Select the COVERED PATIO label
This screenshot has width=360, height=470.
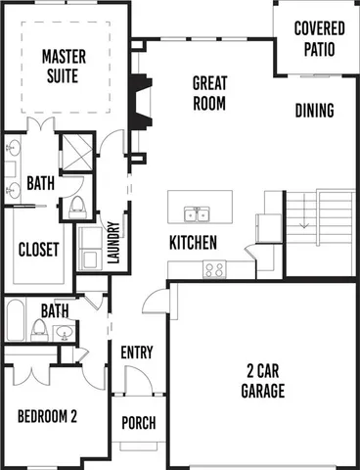tap(320, 36)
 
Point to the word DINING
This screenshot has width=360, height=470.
tap(314, 111)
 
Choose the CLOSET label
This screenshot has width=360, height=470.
tap(39, 249)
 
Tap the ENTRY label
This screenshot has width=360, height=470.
tap(137, 352)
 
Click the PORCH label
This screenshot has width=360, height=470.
tap(137, 423)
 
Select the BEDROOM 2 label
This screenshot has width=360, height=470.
tap(47, 415)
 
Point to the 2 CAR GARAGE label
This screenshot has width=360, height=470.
tap(263, 382)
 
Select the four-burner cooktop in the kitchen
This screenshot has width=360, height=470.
tap(214, 268)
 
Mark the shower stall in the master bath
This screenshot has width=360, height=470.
tap(75, 154)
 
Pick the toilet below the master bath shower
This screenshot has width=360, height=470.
tap(77, 206)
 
